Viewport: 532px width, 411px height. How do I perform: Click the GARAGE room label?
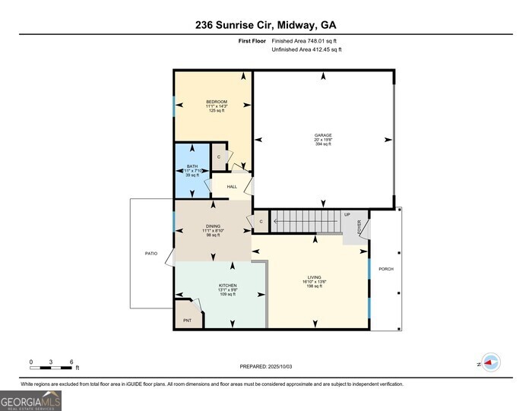click(324, 136)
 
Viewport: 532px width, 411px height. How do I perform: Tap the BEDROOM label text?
click(217, 102)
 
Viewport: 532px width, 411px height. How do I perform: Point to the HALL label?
click(232, 186)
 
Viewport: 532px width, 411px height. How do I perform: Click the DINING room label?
click(213, 226)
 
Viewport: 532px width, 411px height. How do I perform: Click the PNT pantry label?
click(187, 321)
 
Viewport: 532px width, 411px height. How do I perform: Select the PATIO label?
click(152, 253)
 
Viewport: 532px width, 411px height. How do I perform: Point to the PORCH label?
click(386, 269)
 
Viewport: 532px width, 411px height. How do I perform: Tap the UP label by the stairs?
click(347, 214)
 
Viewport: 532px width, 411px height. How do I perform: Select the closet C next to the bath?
click(219, 156)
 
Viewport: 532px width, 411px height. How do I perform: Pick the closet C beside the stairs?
click(261, 221)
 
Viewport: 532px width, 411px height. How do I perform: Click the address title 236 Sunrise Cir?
click(265, 24)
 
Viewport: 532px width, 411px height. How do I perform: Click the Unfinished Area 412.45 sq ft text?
click(307, 49)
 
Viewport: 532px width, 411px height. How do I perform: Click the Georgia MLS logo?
click(30, 400)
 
